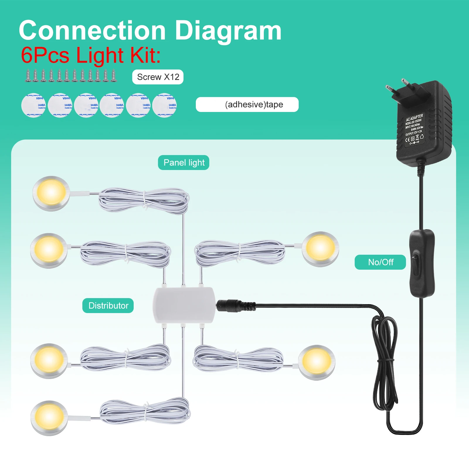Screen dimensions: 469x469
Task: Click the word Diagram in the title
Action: tap(228, 31)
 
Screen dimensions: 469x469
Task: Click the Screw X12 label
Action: tap(158, 77)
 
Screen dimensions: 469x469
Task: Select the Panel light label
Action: tap(183, 163)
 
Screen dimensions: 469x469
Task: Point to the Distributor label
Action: tap(108, 306)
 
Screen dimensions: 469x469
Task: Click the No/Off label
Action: tap(380, 262)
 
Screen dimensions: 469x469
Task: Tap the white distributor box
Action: tap(184, 305)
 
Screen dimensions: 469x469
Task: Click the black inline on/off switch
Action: tap(422, 263)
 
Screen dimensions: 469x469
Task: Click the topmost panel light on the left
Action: tap(51, 193)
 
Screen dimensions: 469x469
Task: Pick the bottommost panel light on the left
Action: tap(49, 418)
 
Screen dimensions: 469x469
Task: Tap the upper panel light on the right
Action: tap(320, 249)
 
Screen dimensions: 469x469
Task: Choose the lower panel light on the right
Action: tap(317, 362)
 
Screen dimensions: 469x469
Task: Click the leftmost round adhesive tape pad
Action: tap(34, 105)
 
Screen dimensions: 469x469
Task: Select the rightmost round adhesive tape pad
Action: tap(164, 105)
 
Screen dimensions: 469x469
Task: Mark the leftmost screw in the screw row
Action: tap(28, 76)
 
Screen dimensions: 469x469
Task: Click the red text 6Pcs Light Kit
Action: tap(91, 55)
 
